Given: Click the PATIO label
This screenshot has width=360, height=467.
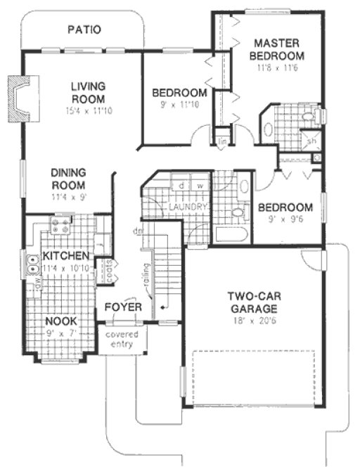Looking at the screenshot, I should coord(84,30).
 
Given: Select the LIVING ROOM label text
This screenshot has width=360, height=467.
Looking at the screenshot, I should coord(88,92).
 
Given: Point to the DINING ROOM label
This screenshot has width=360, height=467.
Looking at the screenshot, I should coord(68,179).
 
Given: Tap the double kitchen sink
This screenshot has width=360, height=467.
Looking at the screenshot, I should coord(32,265).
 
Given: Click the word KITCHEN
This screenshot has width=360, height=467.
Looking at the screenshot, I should coord(65,255).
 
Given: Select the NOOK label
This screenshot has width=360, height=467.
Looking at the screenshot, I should coord(62,321).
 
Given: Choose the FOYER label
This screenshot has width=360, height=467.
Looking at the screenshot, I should coord(124,308).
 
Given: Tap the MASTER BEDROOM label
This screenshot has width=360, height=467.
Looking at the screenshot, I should coord(279,49).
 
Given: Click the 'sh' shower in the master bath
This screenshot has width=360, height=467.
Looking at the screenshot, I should coord(311,141).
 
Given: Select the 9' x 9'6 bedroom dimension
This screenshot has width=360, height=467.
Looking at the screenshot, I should coord(285,220).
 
